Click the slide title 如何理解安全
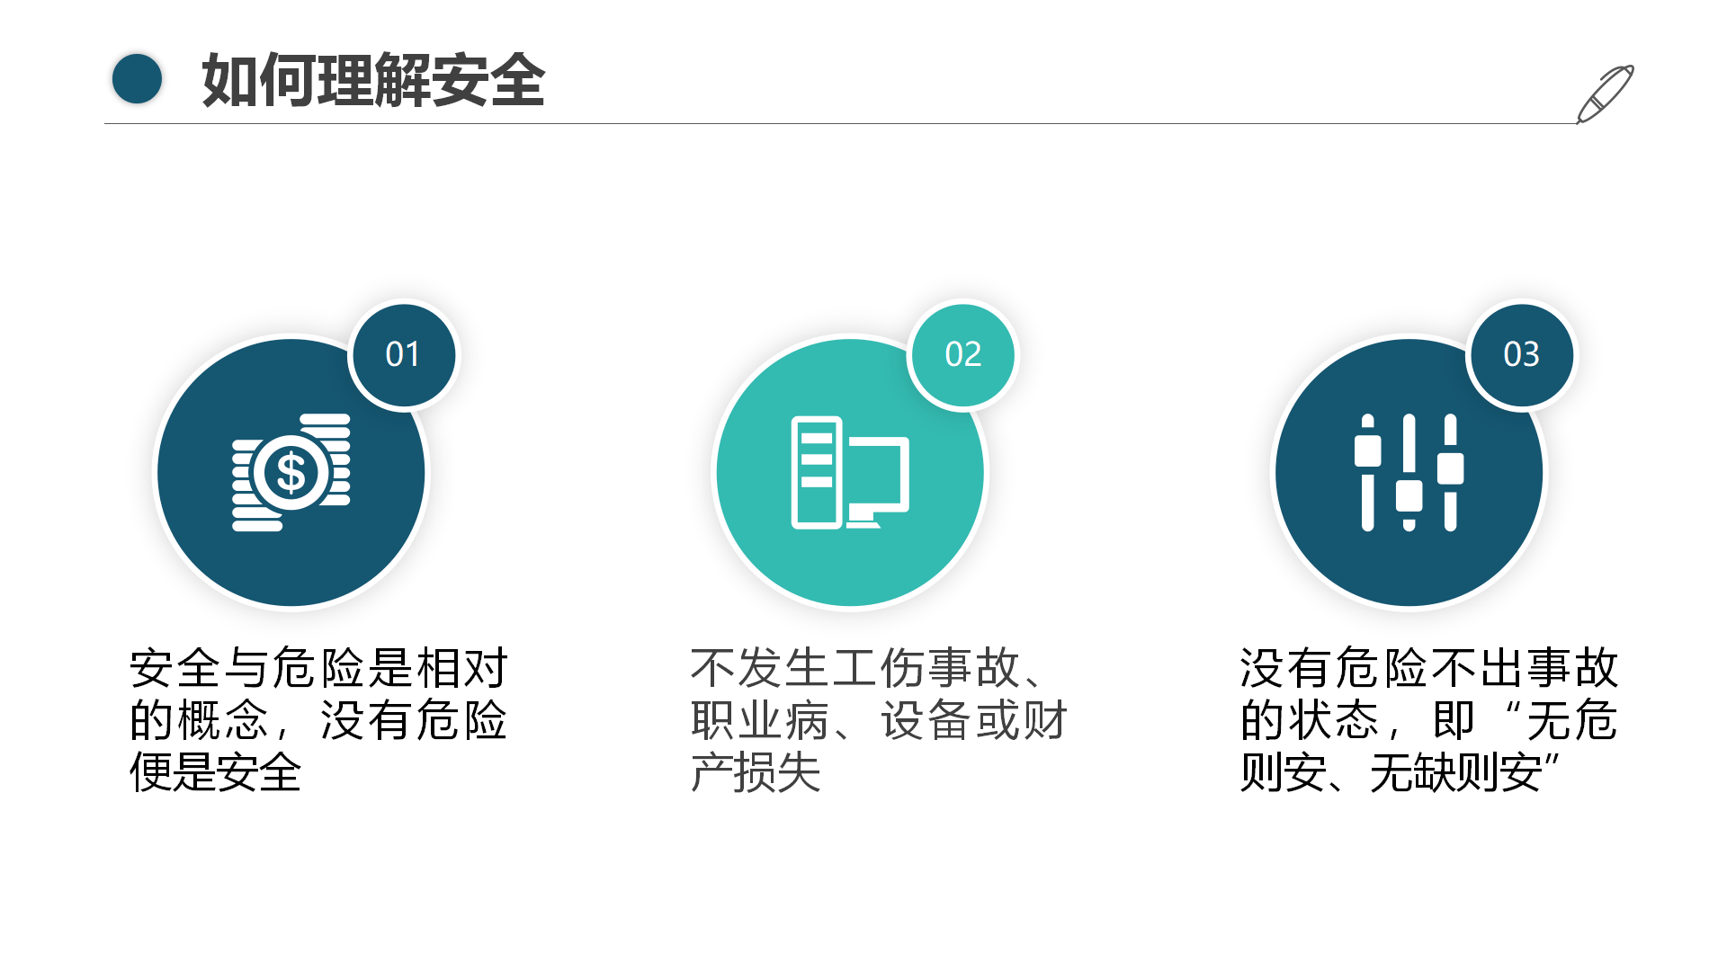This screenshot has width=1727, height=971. point(373,80)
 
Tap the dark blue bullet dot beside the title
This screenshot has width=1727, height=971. point(137,79)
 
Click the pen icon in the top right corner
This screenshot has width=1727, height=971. point(1605,94)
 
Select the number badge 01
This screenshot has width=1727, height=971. point(403,354)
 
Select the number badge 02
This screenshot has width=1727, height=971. point(962,354)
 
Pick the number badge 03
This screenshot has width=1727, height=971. point(1521,354)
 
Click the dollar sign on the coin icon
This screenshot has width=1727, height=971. point(291,473)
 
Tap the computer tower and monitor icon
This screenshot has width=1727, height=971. point(850,472)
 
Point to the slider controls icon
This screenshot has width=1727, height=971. point(1409,472)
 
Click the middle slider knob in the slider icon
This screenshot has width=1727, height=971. point(1409,495)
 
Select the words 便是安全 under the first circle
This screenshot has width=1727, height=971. point(216,772)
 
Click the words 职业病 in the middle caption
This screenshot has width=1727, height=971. point(760,720)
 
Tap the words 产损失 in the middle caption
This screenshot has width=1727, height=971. point(756,772)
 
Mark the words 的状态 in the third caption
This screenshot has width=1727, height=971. point(1310,720)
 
